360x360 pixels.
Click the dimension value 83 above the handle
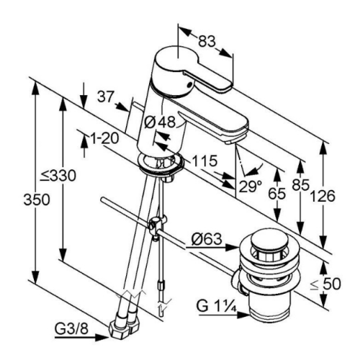click(207, 42)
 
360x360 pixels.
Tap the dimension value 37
click(105, 97)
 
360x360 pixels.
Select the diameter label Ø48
click(160, 122)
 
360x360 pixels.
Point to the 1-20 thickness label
click(104, 138)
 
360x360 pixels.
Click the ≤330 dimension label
click(58, 176)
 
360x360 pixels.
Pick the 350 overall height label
click(37, 199)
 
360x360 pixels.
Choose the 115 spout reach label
click(204, 161)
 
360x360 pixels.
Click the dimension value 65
click(277, 194)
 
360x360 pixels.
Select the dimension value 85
click(300, 185)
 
